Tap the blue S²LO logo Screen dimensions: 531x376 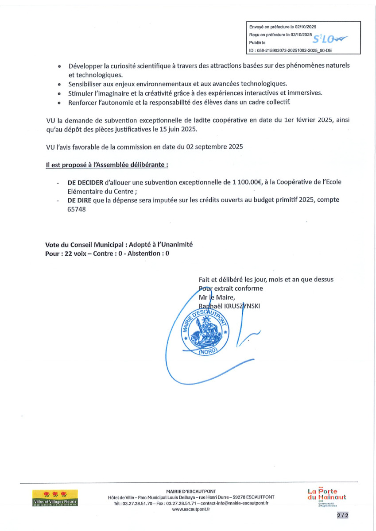[x=330, y=39]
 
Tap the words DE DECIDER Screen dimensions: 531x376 [x=84, y=182]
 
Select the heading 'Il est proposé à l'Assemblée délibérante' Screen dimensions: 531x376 [x=107, y=165]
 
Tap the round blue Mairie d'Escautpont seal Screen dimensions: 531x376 [x=204, y=331]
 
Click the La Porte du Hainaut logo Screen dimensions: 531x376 [x=327, y=494]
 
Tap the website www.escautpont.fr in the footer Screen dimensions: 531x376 [x=191, y=509]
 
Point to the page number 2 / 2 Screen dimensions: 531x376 [x=342, y=516]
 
